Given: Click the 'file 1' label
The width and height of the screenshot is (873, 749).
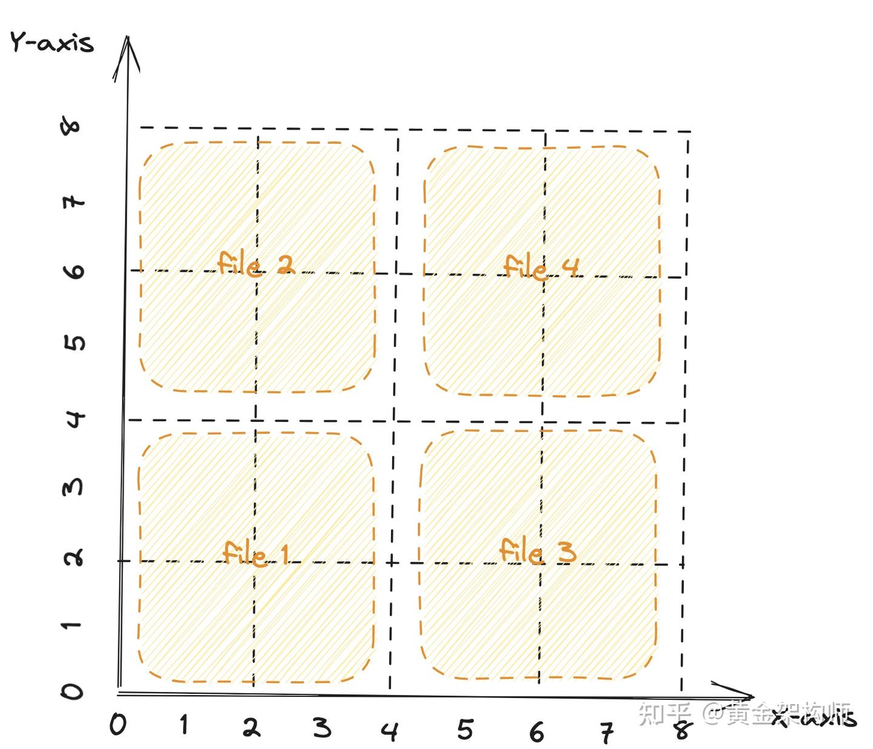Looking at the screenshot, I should (x=255, y=553).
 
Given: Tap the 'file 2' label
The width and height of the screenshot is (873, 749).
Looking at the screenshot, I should (x=255, y=264).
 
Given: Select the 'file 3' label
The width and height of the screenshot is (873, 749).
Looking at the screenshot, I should (x=537, y=551).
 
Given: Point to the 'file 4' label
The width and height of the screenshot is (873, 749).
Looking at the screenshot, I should (x=541, y=267).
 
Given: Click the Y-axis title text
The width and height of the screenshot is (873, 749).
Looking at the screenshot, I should (x=52, y=42).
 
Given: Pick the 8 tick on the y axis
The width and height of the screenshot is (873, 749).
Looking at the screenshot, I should (x=72, y=126).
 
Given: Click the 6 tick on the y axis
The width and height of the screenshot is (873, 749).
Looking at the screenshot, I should (x=74, y=270).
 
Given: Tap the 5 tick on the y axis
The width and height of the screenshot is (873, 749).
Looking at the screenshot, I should (x=74, y=343).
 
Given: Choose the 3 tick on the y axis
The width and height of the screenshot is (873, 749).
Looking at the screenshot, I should (x=73, y=487).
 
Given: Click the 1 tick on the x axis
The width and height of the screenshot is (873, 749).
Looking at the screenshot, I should (x=184, y=725).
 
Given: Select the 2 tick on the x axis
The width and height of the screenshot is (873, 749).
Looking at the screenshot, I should (x=252, y=727).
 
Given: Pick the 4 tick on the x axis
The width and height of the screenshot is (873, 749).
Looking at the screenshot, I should (x=390, y=731).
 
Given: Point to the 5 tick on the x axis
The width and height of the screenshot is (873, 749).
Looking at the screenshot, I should (x=464, y=730).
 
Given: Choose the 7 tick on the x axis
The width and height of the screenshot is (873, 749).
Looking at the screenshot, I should (x=607, y=733).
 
